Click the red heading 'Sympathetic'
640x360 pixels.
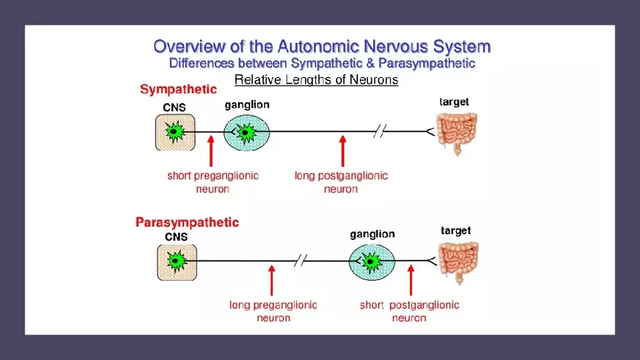pos(178,89)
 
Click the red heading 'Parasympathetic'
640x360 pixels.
pos(187,222)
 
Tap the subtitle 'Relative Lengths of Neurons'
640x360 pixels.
pos(316,79)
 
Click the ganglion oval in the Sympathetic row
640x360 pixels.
pos(247,132)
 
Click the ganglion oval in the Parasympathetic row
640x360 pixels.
pos(372,260)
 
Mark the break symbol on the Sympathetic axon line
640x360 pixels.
pos(379,132)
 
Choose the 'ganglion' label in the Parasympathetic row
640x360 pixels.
pos(372,234)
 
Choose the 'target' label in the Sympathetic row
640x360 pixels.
pos(455,103)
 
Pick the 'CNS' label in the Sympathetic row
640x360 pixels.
pos(174,108)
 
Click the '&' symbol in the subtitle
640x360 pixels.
pos(369,63)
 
